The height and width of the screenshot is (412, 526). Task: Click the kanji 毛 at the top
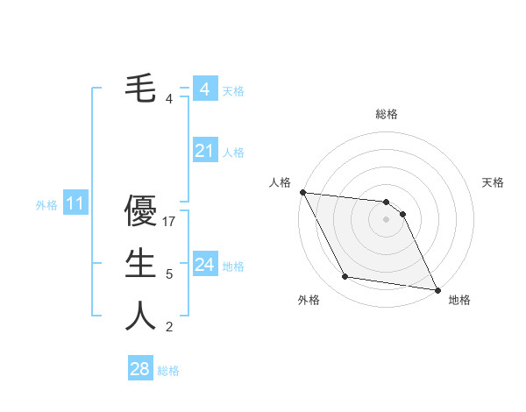(x=140, y=88)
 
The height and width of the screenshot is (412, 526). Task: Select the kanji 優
(x=140, y=210)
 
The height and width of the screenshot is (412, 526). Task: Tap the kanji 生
(x=140, y=263)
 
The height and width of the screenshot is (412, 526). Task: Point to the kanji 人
(x=140, y=316)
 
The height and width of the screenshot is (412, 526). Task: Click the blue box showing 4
(x=204, y=89)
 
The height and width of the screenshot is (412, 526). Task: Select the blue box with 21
(x=204, y=151)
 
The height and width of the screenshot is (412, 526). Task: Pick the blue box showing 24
(x=204, y=265)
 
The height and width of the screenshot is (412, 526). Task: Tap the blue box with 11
(x=75, y=204)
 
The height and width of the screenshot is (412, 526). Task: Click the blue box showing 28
(x=139, y=369)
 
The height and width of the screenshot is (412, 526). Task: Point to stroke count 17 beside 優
(x=169, y=222)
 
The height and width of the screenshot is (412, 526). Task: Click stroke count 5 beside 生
(x=169, y=274)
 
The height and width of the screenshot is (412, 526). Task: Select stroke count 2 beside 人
(x=169, y=327)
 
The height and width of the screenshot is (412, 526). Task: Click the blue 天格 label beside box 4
(x=233, y=91)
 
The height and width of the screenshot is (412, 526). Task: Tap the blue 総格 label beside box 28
(x=168, y=371)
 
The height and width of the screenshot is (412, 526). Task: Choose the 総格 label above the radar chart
(x=386, y=114)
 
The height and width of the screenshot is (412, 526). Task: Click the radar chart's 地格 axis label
(x=459, y=300)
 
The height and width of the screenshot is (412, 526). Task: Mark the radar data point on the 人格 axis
(x=302, y=192)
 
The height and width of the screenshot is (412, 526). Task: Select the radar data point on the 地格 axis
(x=437, y=289)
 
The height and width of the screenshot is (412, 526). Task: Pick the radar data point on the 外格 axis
(x=345, y=277)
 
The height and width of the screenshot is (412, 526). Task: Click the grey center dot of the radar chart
(x=386, y=219)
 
